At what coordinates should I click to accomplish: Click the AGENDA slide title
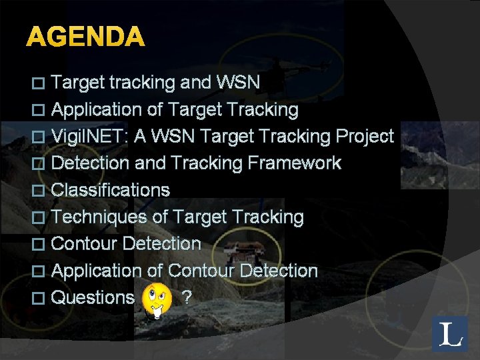(85, 37)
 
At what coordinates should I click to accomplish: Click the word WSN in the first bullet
(239, 83)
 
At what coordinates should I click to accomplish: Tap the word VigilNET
(89, 137)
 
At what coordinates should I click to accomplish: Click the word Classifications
(110, 190)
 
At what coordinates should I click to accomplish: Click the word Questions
(93, 298)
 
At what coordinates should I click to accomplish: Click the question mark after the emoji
(187, 298)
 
